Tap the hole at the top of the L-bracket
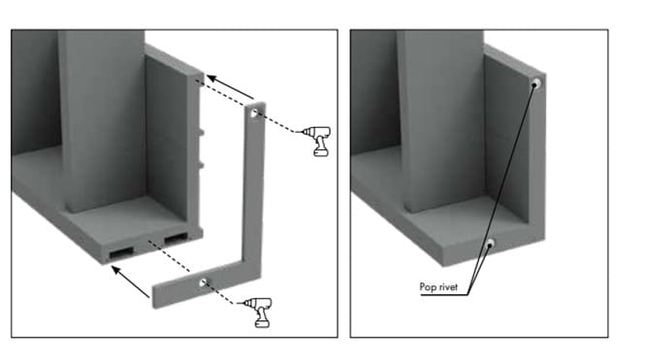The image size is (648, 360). (254, 113)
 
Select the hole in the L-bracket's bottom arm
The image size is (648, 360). (203, 282)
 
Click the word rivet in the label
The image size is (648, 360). (446, 287)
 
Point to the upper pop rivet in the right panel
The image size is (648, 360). (536, 83)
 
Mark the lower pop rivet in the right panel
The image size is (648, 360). (490, 244)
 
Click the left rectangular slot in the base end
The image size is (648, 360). (121, 252)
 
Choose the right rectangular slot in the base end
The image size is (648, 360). (176, 239)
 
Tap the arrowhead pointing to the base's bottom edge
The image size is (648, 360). (116, 271)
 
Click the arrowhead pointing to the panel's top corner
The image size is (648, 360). (211, 79)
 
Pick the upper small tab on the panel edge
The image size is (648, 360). (201, 133)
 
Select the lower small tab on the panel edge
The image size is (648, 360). (201, 165)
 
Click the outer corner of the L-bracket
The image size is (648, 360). (260, 277)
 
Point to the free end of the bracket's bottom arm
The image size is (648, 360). (153, 297)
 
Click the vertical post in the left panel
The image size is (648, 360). (103, 120)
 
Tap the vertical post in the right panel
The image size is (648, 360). (442, 120)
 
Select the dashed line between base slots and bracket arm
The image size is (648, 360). (169, 256)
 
